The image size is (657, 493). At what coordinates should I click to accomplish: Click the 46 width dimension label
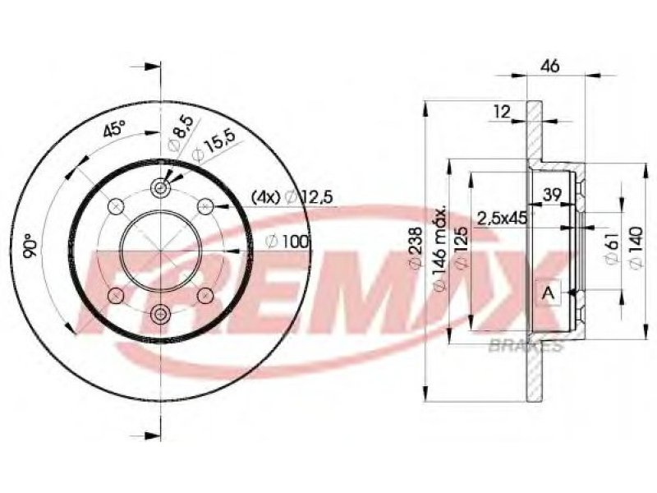549,67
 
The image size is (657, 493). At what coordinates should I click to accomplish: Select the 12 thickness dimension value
502,112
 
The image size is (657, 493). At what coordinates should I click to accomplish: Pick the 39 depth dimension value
552,195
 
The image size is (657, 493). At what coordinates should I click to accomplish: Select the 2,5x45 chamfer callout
503,218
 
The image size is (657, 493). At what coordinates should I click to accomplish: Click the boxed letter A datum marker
549,293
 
